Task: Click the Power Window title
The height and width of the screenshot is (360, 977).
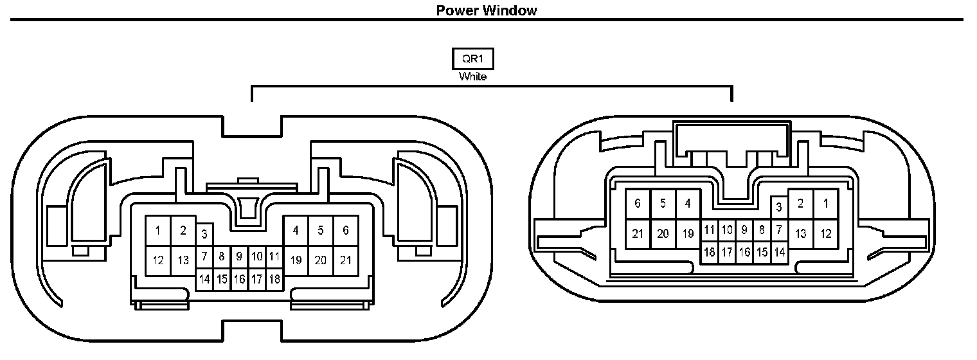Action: click(x=486, y=10)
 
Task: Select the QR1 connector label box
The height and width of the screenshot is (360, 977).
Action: click(x=472, y=59)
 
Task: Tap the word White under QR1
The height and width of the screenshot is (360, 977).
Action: click(x=472, y=76)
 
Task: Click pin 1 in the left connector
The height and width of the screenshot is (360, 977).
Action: click(x=158, y=230)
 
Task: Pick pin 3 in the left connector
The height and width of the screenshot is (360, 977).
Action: click(x=204, y=233)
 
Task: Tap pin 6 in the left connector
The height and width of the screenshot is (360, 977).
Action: click(x=346, y=230)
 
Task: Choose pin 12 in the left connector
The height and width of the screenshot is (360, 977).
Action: click(x=158, y=260)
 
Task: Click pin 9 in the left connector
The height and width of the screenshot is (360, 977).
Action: click(x=238, y=256)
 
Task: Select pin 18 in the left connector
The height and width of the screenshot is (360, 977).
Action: click(x=274, y=280)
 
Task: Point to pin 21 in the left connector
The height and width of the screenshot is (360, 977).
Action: click(x=346, y=260)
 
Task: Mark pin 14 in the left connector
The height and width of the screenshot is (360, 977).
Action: click(x=204, y=280)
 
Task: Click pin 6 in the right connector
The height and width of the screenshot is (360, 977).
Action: click(x=638, y=204)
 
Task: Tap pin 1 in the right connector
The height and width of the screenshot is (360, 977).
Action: click(x=826, y=204)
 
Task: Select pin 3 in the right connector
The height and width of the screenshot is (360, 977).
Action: click(x=779, y=207)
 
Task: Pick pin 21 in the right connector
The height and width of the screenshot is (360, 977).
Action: click(x=638, y=234)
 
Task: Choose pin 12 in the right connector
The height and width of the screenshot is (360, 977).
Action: click(x=826, y=234)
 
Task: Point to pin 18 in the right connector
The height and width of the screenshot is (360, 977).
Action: click(x=709, y=253)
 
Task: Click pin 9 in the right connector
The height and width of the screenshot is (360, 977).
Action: click(x=744, y=230)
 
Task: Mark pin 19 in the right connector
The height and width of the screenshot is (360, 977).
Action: click(x=688, y=234)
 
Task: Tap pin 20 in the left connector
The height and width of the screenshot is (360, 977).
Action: click(x=321, y=260)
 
